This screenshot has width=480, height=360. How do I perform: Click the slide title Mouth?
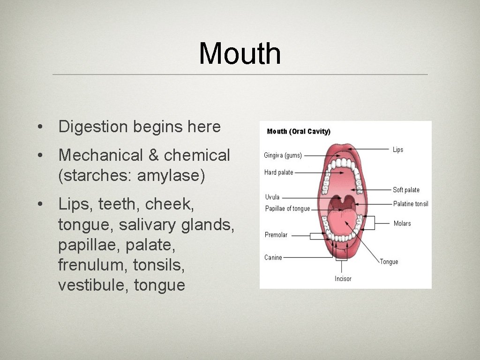240,53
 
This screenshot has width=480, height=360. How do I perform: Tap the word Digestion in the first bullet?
93,127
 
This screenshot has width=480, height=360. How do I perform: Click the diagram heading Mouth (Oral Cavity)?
299,131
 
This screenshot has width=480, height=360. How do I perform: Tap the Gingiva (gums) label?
283,155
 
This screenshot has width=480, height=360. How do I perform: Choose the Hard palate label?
278,172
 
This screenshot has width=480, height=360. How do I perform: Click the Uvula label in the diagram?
272,197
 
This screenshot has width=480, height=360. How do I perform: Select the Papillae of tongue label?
287,209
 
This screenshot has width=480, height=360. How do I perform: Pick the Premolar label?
276,235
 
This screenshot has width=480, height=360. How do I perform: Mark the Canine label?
273,257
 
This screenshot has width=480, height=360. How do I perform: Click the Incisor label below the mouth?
343,279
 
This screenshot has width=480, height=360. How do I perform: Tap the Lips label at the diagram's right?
398,150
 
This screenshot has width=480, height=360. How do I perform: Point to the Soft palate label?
406,190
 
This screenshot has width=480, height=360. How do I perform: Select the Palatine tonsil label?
411,204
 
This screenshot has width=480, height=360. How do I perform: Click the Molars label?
402,224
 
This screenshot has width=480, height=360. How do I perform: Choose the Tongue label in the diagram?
389,262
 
